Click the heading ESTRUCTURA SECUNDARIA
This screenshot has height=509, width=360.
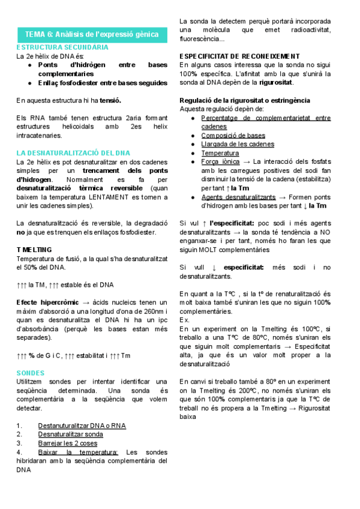point(62,46)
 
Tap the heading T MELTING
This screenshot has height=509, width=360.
point(34,249)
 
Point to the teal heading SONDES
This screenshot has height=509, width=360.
point(31,373)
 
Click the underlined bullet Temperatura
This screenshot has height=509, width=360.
point(220,153)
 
